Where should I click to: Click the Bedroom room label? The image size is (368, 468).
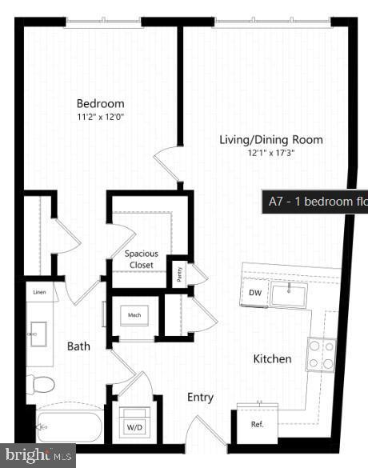100,103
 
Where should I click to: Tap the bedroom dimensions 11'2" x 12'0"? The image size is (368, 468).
100,117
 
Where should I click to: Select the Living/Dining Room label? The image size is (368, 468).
271,140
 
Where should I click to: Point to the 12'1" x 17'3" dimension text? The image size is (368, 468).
271,154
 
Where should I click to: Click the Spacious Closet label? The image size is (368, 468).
141,259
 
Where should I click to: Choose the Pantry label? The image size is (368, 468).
178,274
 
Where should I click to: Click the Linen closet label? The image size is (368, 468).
39,293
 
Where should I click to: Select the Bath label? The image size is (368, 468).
78,346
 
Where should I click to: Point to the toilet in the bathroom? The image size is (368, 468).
40,386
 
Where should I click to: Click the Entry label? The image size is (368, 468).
200,398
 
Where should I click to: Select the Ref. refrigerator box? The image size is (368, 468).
257,424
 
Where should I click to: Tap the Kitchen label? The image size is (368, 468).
273,359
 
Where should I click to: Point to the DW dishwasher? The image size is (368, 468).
254,294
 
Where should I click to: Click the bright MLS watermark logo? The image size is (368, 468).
38,455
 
